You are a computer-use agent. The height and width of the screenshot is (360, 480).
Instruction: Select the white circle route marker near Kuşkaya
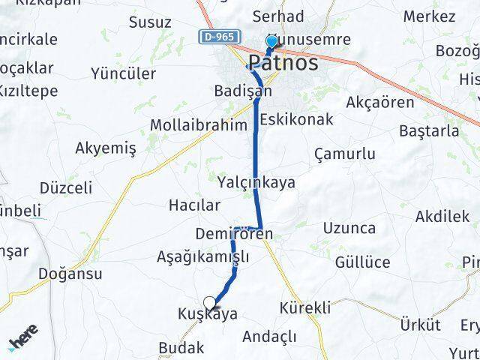coord(209,304)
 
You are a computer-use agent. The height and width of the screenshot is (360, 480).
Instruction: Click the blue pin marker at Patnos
coord(271,43)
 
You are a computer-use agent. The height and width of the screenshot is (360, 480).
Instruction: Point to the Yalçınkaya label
coord(256,182)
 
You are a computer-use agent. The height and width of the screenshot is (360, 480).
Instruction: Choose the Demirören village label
coord(233,234)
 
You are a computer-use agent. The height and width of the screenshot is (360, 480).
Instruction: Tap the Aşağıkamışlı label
coord(202,257)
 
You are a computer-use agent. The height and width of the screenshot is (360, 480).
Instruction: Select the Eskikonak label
coord(296,118)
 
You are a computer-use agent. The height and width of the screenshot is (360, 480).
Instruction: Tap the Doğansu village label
coord(70,274)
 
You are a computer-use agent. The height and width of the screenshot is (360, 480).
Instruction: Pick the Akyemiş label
coord(106,148)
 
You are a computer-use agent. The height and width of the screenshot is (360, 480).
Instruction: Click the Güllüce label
coord(363,262)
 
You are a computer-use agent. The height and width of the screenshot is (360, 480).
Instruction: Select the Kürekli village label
coord(304,307)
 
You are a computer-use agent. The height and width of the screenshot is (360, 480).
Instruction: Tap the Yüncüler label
coord(123,73)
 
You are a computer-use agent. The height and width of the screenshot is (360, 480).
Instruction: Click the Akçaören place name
coord(380,102)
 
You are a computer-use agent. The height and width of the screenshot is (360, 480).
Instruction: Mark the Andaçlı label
coord(268,336)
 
